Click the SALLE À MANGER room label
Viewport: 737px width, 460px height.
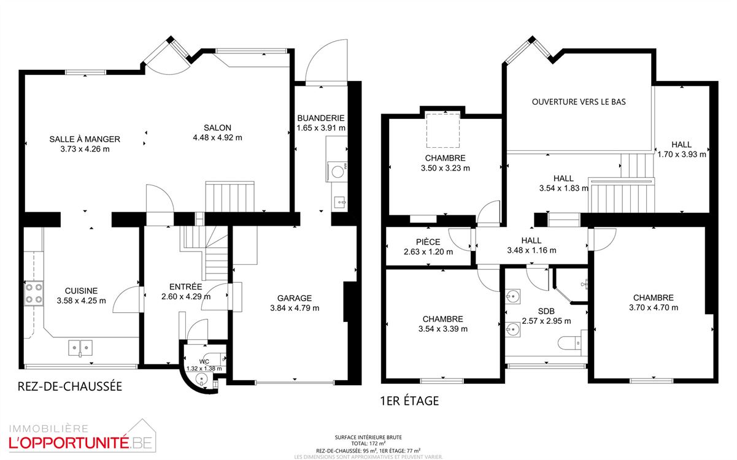pyautogui.click(x=85, y=139)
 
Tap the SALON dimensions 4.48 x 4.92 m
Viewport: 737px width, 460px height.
pyautogui.click(x=217, y=137)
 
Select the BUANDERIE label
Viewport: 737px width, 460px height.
pyautogui.click(x=320, y=118)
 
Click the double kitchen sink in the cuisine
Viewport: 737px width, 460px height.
pyautogui.click(x=80, y=348)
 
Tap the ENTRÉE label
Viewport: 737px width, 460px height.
pyautogui.click(x=185, y=286)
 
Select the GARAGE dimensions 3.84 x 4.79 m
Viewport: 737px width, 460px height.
pyautogui.click(x=295, y=308)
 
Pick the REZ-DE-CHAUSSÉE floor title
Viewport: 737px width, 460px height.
pyautogui.click(x=69, y=386)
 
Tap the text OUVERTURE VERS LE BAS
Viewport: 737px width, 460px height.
pyautogui.click(x=579, y=102)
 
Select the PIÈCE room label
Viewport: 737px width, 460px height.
pyautogui.click(x=428, y=242)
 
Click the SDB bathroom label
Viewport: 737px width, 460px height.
pyautogui.click(x=546, y=311)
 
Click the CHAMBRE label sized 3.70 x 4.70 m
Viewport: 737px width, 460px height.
pyautogui.click(x=653, y=298)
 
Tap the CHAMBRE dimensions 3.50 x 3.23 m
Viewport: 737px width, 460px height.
pyautogui.click(x=445, y=167)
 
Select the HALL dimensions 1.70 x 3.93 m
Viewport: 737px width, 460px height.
pyautogui.click(x=681, y=155)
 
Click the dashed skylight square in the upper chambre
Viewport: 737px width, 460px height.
pyautogui.click(x=443, y=130)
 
